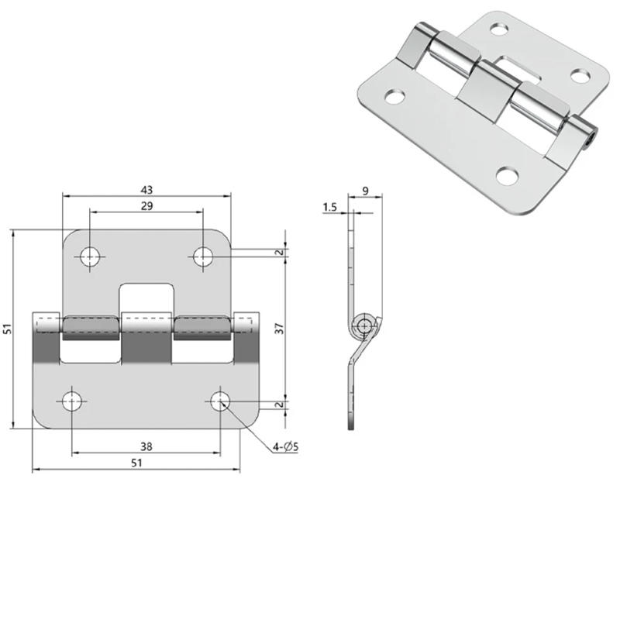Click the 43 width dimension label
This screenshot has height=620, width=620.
click(146, 189)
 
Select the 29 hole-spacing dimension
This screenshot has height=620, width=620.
click(146, 205)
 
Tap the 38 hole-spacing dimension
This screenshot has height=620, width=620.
click(146, 446)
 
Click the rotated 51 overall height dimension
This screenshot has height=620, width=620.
click(9, 329)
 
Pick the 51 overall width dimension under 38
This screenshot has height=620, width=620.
click(136, 463)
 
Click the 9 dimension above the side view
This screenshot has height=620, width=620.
click(365, 191)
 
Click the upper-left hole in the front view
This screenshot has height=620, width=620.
click(90, 256)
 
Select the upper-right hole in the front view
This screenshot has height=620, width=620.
click(203, 256)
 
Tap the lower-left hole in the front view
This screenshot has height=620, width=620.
click(72, 401)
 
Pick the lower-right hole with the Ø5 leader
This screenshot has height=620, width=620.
click(220, 401)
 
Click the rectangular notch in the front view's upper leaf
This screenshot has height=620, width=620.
click(146, 298)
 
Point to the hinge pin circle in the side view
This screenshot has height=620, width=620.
click(364, 325)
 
